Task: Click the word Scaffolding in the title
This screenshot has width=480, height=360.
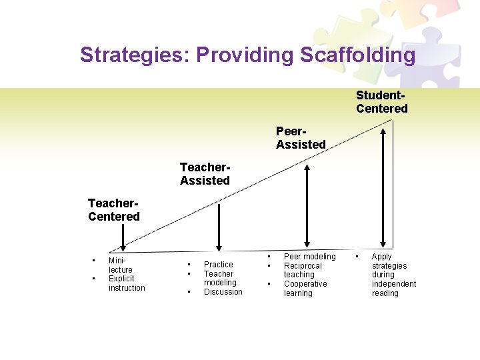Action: [x=357, y=55]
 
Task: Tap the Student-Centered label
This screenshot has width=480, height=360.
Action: [x=381, y=103]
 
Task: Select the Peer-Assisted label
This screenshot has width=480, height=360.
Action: [x=301, y=139]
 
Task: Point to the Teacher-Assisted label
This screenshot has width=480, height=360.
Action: [x=205, y=175]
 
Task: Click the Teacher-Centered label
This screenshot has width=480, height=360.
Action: [x=114, y=211]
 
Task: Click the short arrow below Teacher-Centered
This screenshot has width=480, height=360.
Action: [x=122, y=237]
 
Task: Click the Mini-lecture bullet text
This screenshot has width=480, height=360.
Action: [x=120, y=265]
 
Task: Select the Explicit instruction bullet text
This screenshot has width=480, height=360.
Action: [x=126, y=283]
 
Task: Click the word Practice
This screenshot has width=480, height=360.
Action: [x=219, y=265]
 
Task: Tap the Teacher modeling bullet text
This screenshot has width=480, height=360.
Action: [x=219, y=278]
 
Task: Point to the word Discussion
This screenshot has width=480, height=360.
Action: [x=223, y=292]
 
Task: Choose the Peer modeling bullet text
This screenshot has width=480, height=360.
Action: [x=310, y=257]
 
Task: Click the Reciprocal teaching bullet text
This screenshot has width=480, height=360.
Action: [x=303, y=270]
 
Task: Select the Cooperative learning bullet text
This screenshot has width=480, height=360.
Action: [x=305, y=288]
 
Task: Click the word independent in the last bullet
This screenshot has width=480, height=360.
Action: [x=393, y=284]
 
